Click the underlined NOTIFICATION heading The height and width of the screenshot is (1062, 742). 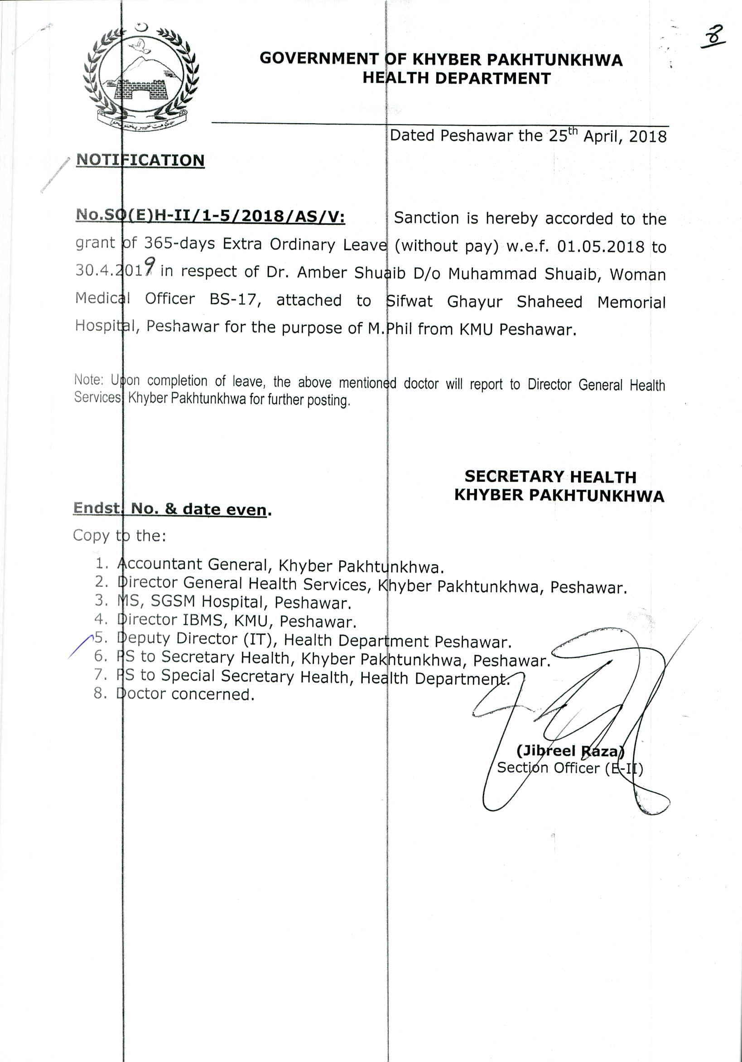[140, 160]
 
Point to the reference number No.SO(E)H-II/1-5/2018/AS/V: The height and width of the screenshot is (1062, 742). [211, 216]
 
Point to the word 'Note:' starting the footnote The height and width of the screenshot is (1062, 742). [88, 380]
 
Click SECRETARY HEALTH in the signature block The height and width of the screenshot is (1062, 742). [550, 477]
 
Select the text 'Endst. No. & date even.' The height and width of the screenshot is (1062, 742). [172, 509]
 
